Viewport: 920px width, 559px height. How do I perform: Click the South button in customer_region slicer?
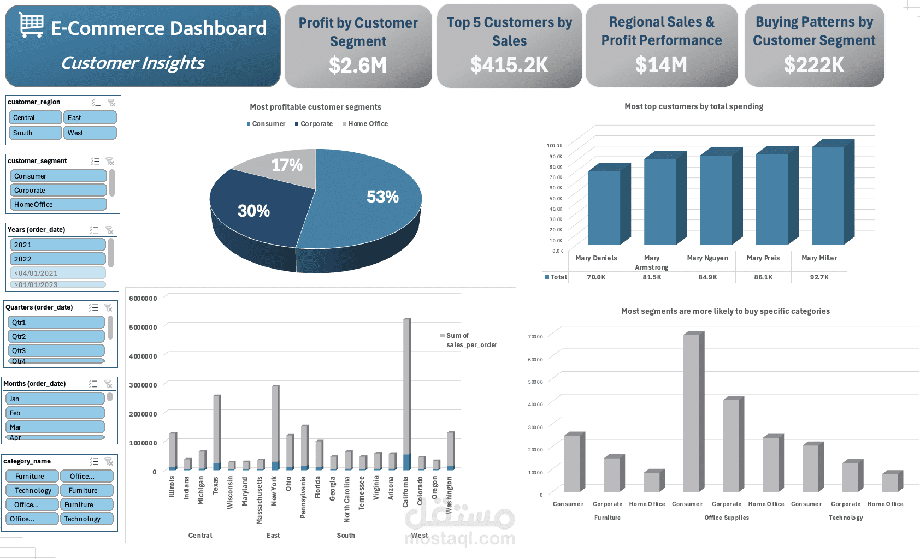(x=35, y=133)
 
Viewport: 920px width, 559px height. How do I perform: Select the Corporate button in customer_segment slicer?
(x=57, y=190)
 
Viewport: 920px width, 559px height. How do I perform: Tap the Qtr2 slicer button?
(x=56, y=336)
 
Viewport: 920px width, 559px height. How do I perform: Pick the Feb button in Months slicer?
(x=55, y=413)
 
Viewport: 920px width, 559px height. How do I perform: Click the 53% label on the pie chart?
(x=382, y=197)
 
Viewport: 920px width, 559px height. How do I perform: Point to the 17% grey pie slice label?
(x=287, y=165)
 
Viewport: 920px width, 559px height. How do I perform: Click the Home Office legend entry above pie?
(x=367, y=124)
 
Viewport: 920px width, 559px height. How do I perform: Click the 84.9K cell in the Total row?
(x=707, y=277)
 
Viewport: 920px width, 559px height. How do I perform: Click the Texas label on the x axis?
(x=215, y=485)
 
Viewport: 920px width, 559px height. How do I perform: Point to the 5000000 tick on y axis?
(x=143, y=327)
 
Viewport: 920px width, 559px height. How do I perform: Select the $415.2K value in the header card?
(x=509, y=65)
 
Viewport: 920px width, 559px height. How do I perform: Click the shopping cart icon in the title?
(x=31, y=25)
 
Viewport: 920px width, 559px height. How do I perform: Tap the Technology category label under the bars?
(x=846, y=518)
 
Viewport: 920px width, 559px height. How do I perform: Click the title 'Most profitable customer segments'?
(x=315, y=107)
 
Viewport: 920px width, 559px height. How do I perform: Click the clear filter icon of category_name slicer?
(x=109, y=461)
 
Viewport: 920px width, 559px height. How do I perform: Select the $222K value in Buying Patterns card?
(x=813, y=65)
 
